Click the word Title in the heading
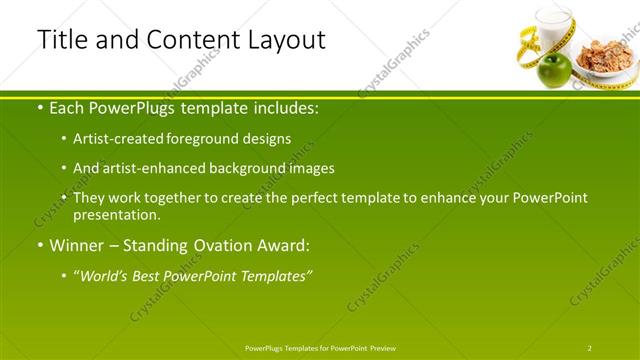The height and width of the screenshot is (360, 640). [62, 40]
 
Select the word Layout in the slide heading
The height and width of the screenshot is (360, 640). [289, 41]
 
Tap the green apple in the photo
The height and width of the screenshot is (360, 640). [554, 70]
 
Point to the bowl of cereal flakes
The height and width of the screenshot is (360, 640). [605, 55]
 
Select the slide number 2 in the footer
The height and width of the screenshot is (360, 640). [590, 347]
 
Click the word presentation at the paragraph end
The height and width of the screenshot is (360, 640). [115, 214]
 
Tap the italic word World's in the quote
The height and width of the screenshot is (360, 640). [109, 275]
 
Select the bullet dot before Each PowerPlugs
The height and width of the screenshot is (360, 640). [39, 107]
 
